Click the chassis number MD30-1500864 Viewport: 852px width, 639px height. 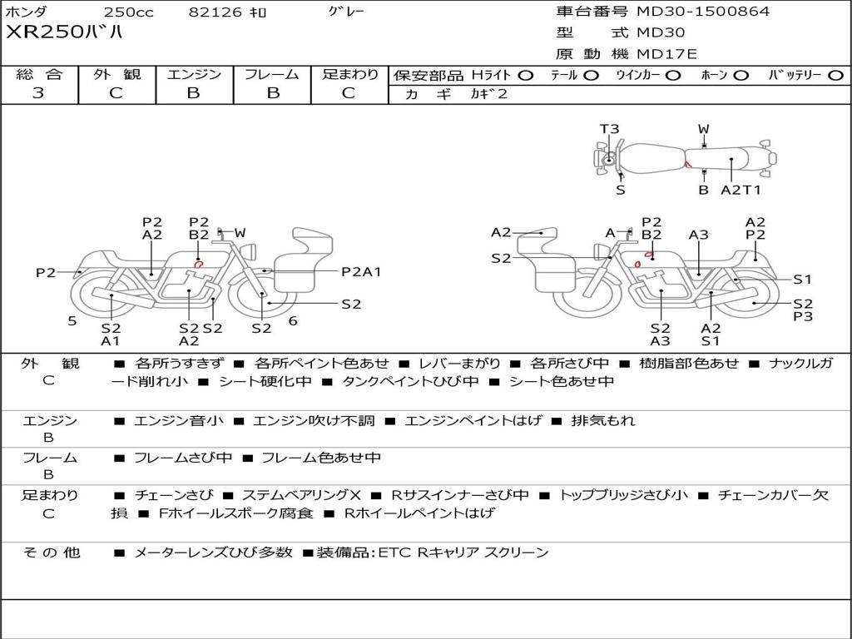click(x=703, y=12)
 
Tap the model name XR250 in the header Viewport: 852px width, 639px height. click(x=45, y=32)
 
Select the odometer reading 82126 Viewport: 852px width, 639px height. click(x=215, y=12)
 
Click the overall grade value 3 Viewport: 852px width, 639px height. click(x=38, y=93)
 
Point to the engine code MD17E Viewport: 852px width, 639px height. click(x=666, y=54)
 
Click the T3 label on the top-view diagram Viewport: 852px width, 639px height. click(x=609, y=129)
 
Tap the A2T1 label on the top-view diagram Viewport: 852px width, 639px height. click(x=740, y=190)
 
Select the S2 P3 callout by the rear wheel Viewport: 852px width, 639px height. click(x=803, y=310)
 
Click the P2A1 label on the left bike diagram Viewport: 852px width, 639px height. click(x=361, y=272)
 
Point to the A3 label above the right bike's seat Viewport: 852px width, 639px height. click(x=698, y=235)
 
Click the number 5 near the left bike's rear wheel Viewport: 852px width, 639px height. click(x=72, y=321)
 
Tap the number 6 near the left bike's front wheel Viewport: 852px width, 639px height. click(x=293, y=321)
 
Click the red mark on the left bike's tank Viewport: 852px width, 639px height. click(x=199, y=265)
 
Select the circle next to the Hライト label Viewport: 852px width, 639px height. click(x=526, y=76)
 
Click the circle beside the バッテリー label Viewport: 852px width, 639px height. click(x=835, y=76)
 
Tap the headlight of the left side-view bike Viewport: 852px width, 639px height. click(x=250, y=252)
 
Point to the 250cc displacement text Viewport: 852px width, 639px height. click(x=128, y=12)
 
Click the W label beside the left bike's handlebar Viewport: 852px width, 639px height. click(x=240, y=233)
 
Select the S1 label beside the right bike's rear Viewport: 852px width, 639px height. click(x=802, y=280)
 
